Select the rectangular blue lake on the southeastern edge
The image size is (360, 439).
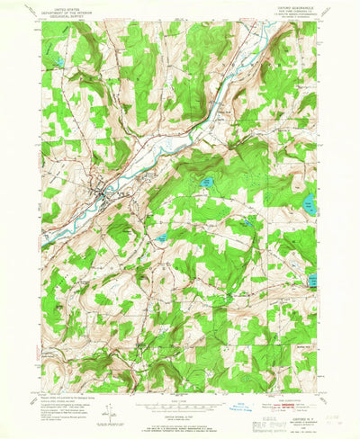(x=312, y=281)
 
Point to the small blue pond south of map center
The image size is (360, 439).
(x=162, y=238)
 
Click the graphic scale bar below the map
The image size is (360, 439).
(x=180, y=406)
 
